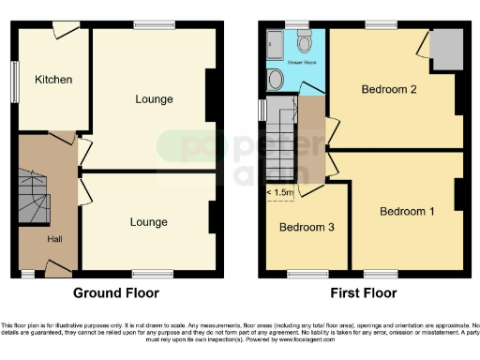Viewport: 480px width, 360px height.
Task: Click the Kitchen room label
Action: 53,80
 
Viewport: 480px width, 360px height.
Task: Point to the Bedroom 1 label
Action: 407,212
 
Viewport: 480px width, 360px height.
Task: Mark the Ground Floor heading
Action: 122,292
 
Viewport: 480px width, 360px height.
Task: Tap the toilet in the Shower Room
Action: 304,42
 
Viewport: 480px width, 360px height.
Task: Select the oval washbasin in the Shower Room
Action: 275,80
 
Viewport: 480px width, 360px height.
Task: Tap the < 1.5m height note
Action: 280,193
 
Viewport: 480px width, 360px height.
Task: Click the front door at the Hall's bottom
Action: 56,270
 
